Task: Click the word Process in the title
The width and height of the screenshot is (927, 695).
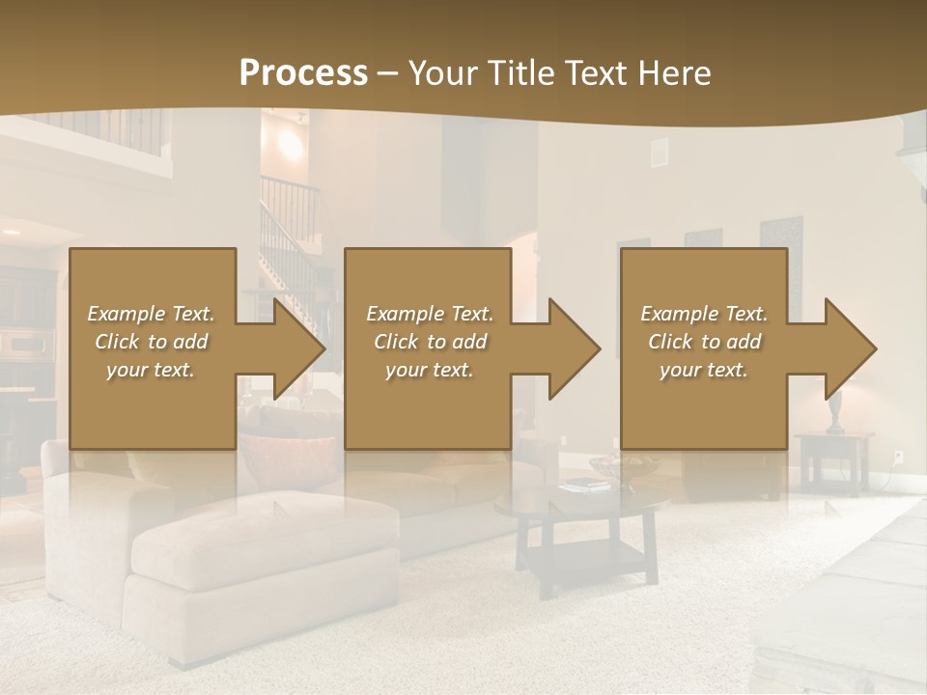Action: (303, 72)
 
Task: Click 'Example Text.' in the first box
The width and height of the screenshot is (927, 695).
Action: (151, 314)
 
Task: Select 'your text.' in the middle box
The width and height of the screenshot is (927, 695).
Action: (429, 370)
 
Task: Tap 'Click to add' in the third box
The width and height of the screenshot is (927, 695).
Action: (704, 342)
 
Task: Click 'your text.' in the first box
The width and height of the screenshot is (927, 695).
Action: (151, 370)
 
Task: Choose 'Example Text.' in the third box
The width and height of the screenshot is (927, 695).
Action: (704, 314)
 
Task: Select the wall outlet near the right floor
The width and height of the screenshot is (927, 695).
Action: (898, 455)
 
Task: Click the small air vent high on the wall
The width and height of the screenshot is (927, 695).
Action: (659, 152)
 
